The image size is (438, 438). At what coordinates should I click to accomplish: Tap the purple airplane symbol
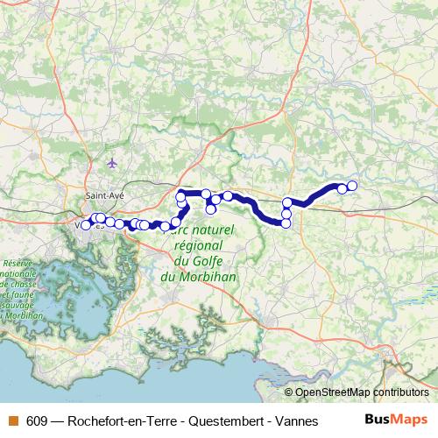pos(111,162)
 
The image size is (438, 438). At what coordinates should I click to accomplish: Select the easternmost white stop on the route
pos(352,185)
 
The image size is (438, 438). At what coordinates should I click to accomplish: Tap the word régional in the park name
pos(202,245)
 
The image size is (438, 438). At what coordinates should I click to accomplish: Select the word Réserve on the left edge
pos(17,263)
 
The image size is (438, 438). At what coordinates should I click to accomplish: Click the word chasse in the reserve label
pos(19,284)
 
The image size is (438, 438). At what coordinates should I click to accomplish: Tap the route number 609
pos(37,420)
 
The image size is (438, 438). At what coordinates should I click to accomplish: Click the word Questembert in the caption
pos(215,420)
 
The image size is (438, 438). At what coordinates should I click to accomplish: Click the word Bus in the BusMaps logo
pos(378,420)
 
